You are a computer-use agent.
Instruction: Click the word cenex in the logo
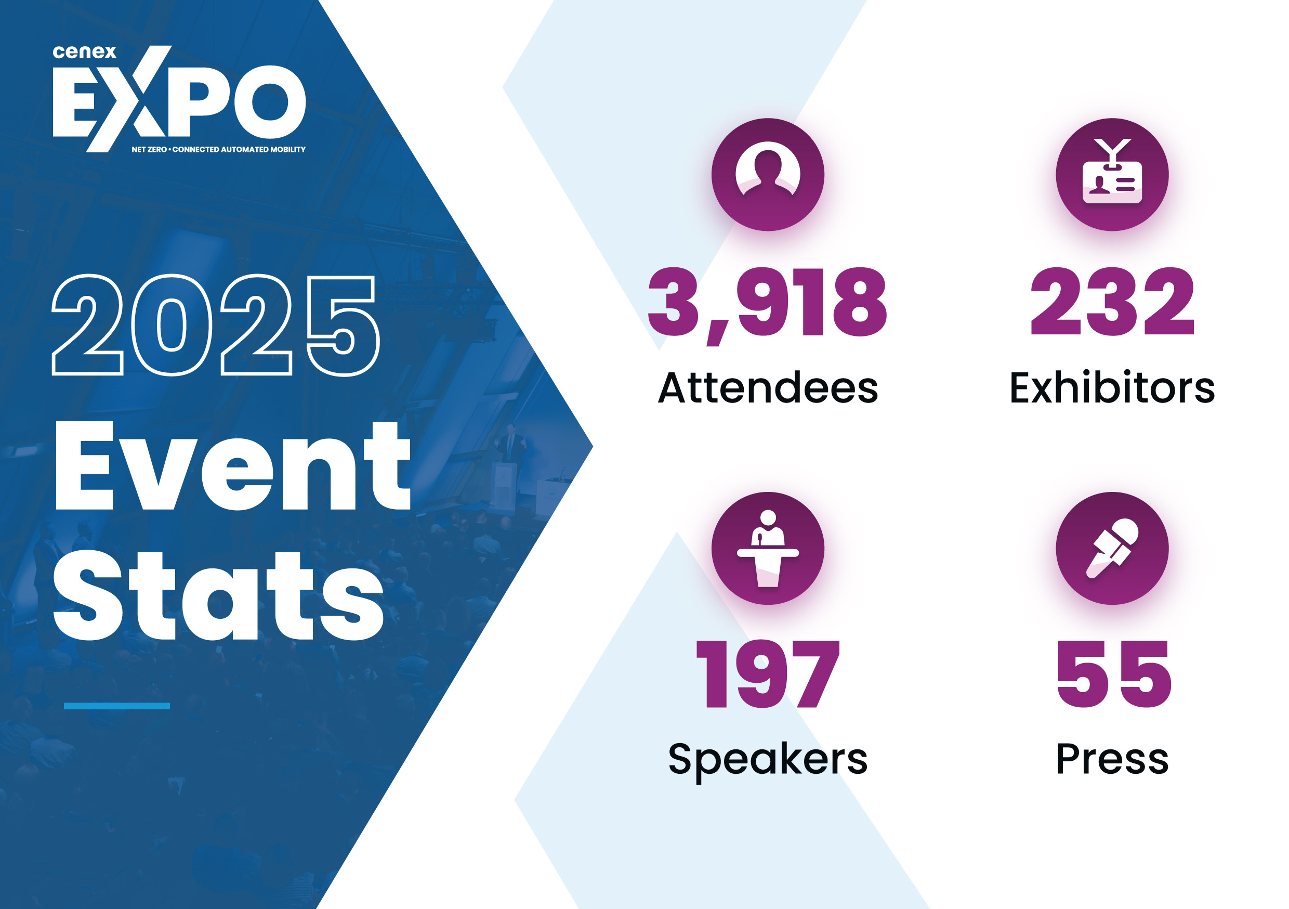click(x=84, y=52)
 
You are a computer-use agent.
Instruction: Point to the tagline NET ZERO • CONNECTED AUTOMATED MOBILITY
click(x=218, y=149)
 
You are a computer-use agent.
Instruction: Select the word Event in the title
click(x=232, y=466)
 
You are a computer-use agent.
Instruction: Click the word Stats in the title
click(x=219, y=596)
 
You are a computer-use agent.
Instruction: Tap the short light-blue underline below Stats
click(x=117, y=706)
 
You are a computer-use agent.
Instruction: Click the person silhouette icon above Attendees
click(x=768, y=174)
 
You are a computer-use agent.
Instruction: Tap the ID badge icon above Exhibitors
click(x=1112, y=174)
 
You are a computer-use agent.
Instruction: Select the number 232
click(x=1112, y=303)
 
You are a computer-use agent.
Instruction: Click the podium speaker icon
click(x=768, y=548)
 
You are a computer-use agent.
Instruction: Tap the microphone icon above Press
click(x=1112, y=548)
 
